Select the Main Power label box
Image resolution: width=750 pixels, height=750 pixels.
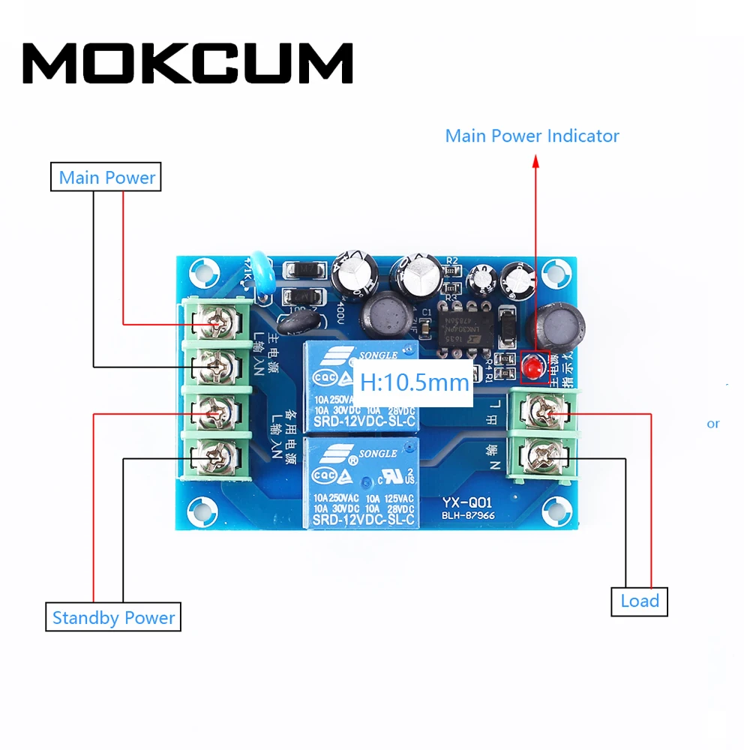pos(106,178)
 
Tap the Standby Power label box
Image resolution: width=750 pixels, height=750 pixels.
pos(113,618)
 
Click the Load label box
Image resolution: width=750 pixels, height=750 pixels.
pos(639,601)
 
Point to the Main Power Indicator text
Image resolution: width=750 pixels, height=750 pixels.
pos(532,136)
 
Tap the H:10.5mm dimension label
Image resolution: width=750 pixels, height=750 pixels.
pos(414,382)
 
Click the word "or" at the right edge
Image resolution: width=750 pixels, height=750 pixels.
pos(712,424)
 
